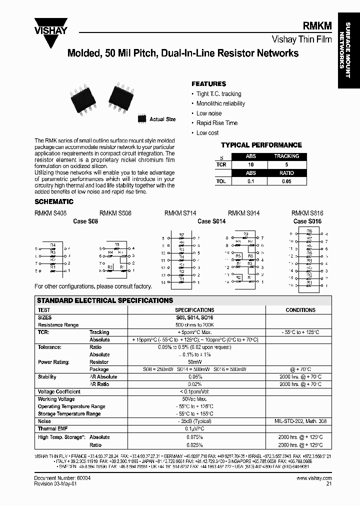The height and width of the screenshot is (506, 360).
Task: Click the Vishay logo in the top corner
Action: coord(50,24)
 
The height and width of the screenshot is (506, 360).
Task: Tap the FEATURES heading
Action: coord(208,84)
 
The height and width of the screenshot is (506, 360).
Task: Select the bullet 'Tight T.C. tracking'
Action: coord(218,94)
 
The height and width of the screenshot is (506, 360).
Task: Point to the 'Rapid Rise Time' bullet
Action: coord(217,123)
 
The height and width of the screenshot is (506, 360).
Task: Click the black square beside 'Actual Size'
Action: coord(141,119)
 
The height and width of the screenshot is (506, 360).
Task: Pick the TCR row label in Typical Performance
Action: coord(221,164)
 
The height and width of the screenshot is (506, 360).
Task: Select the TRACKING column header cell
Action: coord(286,156)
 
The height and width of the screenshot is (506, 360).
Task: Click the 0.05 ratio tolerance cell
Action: coord(286,182)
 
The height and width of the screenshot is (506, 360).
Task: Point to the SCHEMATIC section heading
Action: coord(53,202)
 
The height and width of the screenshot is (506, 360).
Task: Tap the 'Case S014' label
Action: coord(211,221)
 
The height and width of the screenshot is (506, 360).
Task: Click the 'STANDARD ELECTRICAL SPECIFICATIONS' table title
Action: coord(105,300)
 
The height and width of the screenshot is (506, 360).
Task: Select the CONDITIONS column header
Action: coord(300,310)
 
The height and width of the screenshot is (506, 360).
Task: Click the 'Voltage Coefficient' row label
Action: coord(59,392)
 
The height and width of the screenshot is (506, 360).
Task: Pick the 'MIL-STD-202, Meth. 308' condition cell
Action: coord(300,421)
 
